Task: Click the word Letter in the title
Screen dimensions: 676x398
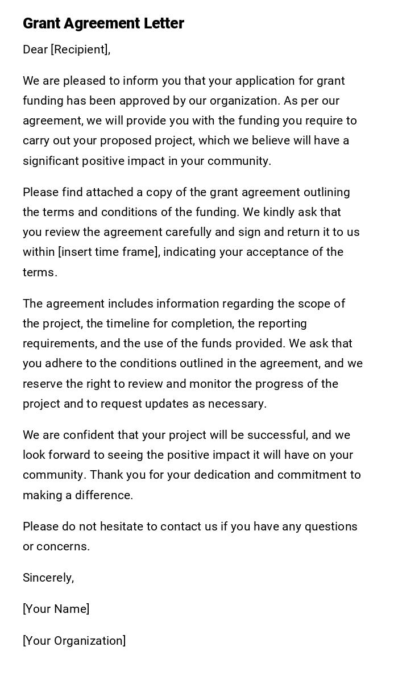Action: (x=164, y=23)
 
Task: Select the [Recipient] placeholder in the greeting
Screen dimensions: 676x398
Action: (x=80, y=49)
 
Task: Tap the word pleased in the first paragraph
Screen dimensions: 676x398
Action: (x=82, y=81)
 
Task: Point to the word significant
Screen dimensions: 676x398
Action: (x=51, y=161)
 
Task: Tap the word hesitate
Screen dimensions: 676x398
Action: (x=122, y=526)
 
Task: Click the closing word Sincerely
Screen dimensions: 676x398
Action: (x=48, y=578)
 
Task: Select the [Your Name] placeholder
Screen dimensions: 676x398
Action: (x=56, y=609)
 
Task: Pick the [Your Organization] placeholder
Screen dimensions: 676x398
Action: (x=74, y=641)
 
